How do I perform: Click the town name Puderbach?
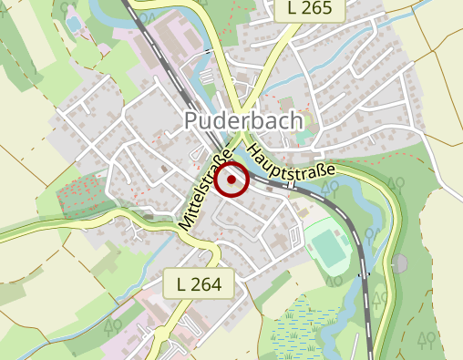[243, 119]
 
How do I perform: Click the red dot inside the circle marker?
[233, 180]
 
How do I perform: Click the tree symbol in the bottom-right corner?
[425, 341]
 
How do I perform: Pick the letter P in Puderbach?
[191, 119]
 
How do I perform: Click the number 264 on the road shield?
[208, 284]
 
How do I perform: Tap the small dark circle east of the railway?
[398, 262]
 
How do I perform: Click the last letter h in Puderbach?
[296, 119]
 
